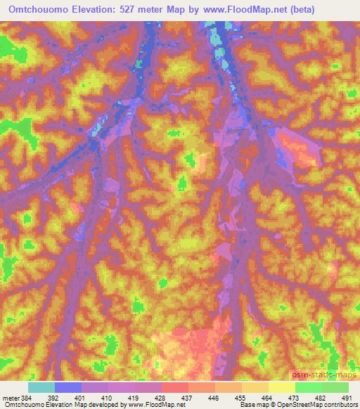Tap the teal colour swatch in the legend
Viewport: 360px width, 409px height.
pyautogui.click(x=41, y=387)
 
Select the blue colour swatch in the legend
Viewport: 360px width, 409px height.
pyautogui.click(x=67, y=387)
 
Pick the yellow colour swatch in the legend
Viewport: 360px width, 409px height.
pyautogui.click(x=281, y=387)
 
